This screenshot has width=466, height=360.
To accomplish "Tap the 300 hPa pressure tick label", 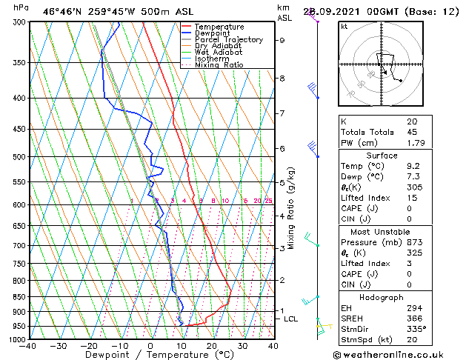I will pos(19,23).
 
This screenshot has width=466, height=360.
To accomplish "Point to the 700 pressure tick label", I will pos(19,246).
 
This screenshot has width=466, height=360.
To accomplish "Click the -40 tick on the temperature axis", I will pos(29,346).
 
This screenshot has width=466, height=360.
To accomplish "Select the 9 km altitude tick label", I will pos(282,41).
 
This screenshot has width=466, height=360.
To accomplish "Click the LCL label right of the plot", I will pos(290,319).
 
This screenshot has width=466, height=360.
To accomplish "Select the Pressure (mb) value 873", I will pos(415,242).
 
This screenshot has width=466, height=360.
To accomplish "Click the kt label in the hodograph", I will pos(344,27).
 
